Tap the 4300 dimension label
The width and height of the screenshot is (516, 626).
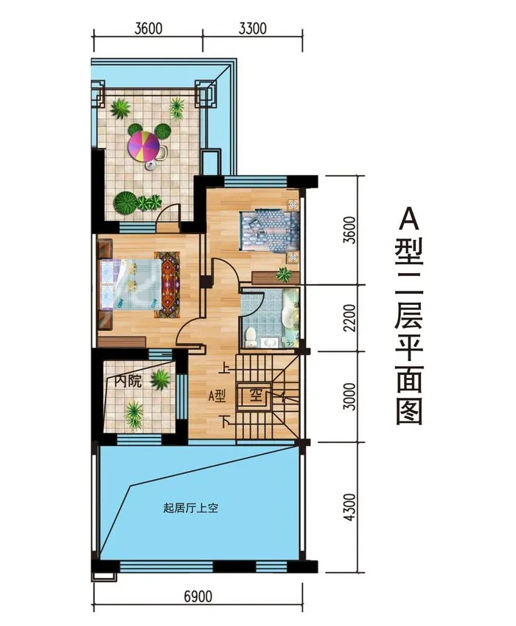(x=349, y=507)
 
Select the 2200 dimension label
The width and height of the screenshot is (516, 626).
(x=349, y=317)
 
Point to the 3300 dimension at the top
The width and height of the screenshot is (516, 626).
(x=252, y=29)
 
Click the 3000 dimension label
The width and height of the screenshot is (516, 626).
(x=349, y=396)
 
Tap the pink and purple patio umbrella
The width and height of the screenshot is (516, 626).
(x=144, y=147)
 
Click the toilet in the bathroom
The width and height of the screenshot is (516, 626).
(x=251, y=338)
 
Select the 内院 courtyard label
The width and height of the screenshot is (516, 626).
(x=128, y=381)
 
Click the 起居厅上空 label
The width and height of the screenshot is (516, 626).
(x=191, y=508)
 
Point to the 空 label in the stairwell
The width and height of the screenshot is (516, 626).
(x=255, y=396)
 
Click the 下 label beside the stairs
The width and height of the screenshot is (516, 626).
(x=226, y=422)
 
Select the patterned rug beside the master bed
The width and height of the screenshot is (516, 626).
(x=167, y=285)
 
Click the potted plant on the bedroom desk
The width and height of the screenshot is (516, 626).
(x=284, y=275)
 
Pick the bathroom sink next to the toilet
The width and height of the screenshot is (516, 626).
(x=271, y=343)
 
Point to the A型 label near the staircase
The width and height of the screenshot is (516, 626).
(x=217, y=396)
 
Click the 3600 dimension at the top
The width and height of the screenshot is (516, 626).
(x=148, y=29)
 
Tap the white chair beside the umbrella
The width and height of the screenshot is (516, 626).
(x=163, y=152)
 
